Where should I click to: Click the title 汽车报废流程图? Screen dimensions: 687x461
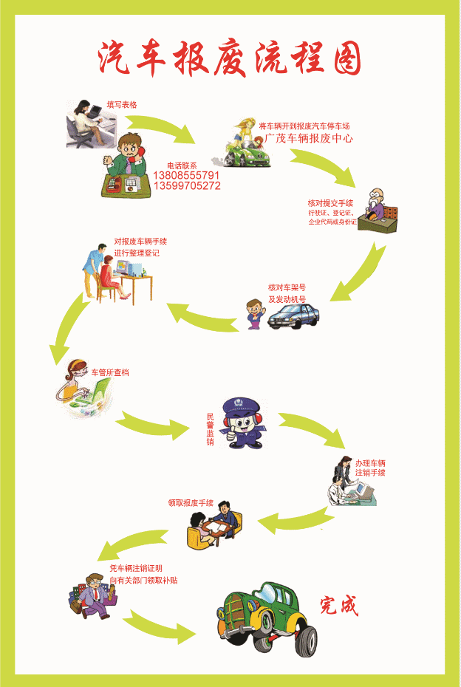coord(230,58)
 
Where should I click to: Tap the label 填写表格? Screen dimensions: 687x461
coord(122,105)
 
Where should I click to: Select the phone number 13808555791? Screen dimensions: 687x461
coord(186,176)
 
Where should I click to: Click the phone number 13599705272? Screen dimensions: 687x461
coord(186,186)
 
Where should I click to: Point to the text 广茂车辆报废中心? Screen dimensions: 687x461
coord(309,138)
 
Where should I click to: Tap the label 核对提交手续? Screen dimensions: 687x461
coord(330,202)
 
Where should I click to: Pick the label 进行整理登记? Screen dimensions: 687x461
coord(137,253)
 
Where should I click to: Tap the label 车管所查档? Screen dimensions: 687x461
coord(110,372)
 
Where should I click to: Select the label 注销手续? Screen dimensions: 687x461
coord(370,473)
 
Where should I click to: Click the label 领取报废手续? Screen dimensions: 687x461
coord(191,503)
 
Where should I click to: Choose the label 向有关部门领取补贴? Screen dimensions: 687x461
coord(143,580)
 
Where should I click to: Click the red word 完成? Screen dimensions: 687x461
coord(339,606)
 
